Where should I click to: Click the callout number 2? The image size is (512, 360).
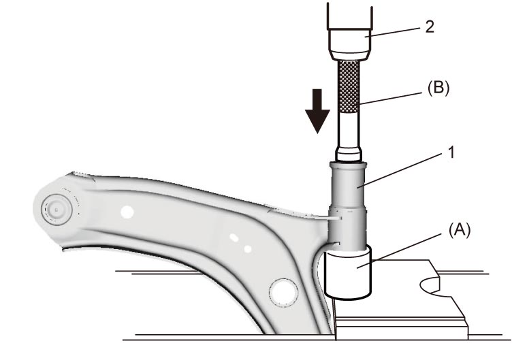click(x=430, y=27)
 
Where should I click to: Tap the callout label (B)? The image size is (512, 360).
click(x=438, y=88)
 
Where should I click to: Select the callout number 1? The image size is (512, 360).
click(x=451, y=152)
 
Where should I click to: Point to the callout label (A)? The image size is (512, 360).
click(x=460, y=230)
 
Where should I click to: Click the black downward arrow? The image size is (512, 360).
click(x=317, y=111)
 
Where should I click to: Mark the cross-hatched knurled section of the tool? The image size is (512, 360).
click(x=349, y=86)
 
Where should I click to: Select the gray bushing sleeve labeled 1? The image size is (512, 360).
click(x=347, y=206)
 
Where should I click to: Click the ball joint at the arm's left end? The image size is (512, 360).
click(x=57, y=210)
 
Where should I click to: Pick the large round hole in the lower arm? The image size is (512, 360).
click(x=283, y=293)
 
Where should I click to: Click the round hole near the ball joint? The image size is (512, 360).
click(x=127, y=212)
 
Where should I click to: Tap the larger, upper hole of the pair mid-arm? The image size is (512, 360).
click(x=234, y=238)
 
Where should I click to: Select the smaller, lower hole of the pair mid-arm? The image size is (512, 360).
click(x=248, y=248)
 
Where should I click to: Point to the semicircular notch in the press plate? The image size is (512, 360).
click(x=430, y=284)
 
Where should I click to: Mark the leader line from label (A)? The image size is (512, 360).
click(x=400, y=250)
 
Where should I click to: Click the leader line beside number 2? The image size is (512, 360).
click(x=392, y=32)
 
